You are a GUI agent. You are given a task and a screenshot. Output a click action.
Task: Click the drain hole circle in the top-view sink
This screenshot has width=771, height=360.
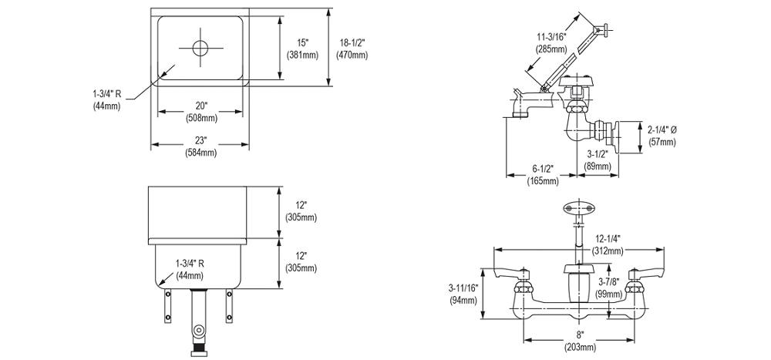pyautogui.click(x=200, y=48)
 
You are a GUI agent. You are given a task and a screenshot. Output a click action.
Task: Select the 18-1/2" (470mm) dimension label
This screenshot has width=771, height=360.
pyautogui.click(x=352, y=49)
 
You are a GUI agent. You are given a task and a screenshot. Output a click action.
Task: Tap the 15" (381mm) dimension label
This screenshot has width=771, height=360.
pyautogui.click(x=301, y=49)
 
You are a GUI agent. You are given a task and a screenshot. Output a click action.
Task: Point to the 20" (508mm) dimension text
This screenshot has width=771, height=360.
pyautogui.click(x=200, y=112)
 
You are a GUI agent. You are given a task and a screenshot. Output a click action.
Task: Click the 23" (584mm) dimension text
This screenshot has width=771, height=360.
pyautogui.click(x=200, y=146)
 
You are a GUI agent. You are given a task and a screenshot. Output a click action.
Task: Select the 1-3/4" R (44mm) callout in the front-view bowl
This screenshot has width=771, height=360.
pyautogui.click(x=189, y=269)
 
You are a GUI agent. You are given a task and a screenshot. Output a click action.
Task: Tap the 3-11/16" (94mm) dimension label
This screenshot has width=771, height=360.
pyautogui.click(x=463, y=294)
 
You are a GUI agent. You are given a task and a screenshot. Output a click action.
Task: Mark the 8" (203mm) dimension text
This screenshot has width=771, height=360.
pyautogui.click(x=580, y=341)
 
